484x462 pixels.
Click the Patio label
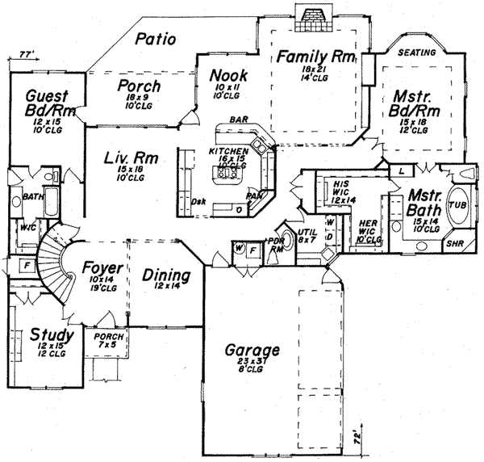[155, 38]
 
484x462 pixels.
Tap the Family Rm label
[311, 57]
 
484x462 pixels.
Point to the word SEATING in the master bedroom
[418, 52]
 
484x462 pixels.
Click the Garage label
[252, 351]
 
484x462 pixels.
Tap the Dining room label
[166, 276]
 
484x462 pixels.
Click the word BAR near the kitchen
[238, 120]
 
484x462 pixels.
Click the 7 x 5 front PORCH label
[106, 338]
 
